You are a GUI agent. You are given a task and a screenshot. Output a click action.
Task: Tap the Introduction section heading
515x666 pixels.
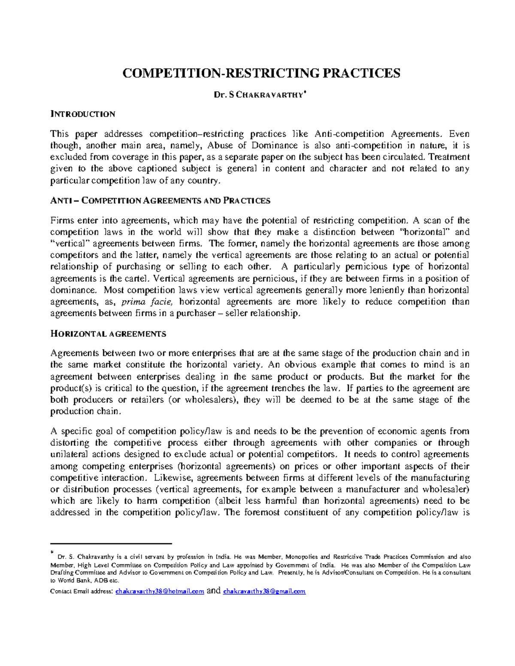[82, 114]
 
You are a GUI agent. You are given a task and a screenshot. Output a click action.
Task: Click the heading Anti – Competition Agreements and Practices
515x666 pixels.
[160, 201]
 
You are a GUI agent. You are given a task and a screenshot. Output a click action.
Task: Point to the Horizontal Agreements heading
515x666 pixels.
[108, 334]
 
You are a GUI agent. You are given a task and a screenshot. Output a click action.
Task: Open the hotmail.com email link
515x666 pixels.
[160, 591]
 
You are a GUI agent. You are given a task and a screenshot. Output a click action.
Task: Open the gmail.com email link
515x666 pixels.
[264, 591]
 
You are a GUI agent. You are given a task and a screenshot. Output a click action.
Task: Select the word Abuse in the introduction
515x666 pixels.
[220, 145]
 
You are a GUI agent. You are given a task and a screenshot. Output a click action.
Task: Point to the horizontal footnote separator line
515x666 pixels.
[111, 543]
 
